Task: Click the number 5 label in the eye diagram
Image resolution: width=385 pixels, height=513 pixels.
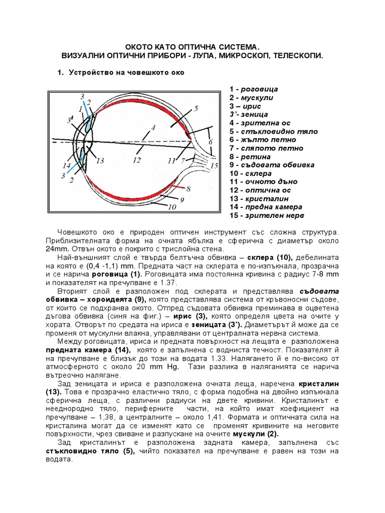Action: [x=196, y=108]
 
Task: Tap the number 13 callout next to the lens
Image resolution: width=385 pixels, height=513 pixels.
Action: [x=100, y=161]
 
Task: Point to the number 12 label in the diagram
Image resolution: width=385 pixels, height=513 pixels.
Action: [x=137, y=161]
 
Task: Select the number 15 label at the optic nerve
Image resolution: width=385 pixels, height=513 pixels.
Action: [x=215, y=165]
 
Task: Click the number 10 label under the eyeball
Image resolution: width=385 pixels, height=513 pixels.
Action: [x=172, y=206]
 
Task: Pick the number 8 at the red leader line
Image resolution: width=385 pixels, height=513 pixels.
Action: [x=188, y=189]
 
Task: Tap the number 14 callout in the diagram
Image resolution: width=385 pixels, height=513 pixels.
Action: [x=66, y=165]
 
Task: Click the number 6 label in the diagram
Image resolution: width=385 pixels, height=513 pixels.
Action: [x=211, y=142]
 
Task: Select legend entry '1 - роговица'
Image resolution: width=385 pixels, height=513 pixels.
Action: [x=254, y=89]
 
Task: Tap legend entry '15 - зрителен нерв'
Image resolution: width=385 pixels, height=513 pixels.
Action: [x=267, y=216]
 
